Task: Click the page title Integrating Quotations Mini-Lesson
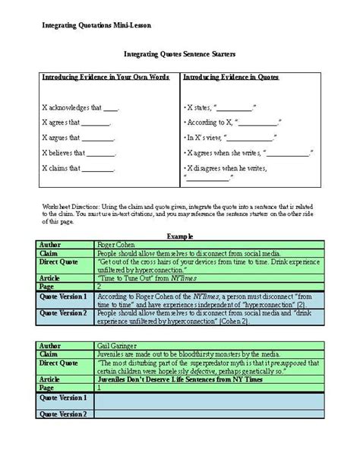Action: pyautogui.click(x=96, y=25)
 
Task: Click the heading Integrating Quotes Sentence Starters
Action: pyautogui.click(x=179, y=55)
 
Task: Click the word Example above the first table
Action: pyautogui.click(x=179, y=236)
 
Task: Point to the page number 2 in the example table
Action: pyautogui.click(x=99, y=287)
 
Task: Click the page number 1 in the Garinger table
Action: pyautogui.click(x=99, y=388)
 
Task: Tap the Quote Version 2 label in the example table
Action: pyautogui.click(x=65, y=312)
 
